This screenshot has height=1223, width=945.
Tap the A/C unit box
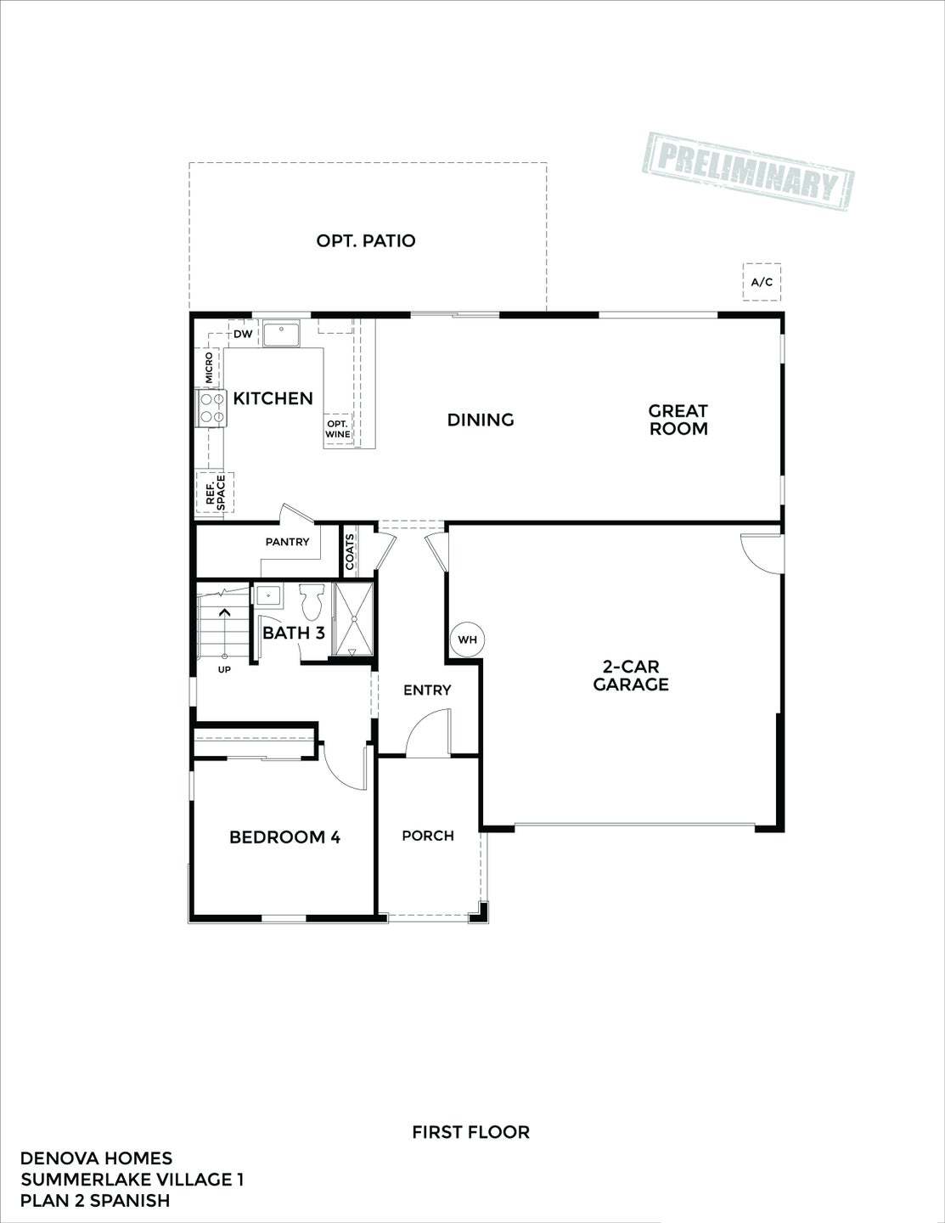tap(762, 282)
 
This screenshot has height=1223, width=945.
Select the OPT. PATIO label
tap(366, 241)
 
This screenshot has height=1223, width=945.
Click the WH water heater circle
tap(467, 640)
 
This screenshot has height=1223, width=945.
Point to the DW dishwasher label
tap(243, 334)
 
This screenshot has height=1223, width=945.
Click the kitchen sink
tap(280, 334)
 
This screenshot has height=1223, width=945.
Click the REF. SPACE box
tap(215, 492)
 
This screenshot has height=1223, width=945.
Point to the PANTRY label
tap(287, 542)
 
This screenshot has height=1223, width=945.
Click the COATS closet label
tap(350, 552)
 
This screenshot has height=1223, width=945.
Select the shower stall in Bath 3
tap(353, 620)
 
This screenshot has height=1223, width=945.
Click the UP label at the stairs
tap(224, 669)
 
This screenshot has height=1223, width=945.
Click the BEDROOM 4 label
tap(284, 837)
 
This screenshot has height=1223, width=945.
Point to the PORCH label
tap(428, 836)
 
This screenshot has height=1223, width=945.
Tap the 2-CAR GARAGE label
tap(631, 676)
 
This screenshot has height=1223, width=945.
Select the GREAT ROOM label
tap(678, 420)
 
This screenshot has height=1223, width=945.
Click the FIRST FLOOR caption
tap(470, 1132)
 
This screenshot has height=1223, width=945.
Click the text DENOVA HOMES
tap(96, 1158)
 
